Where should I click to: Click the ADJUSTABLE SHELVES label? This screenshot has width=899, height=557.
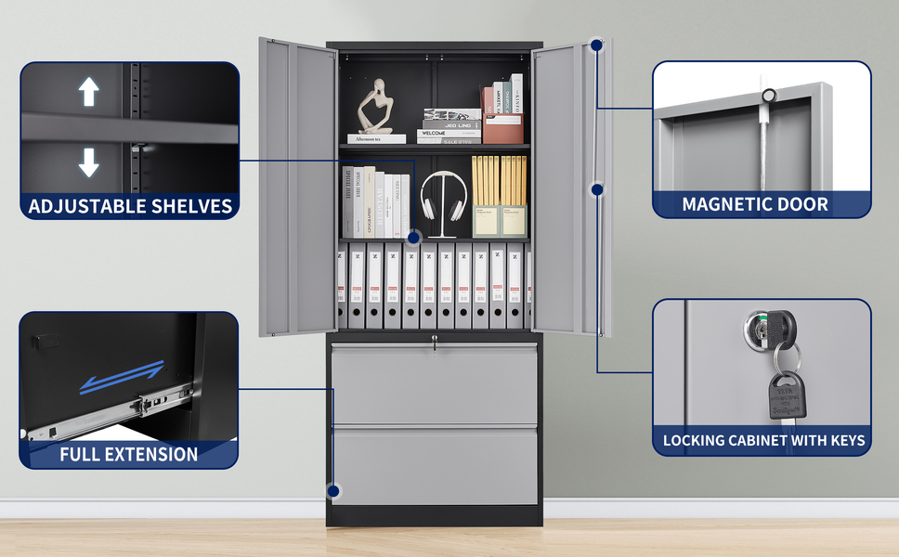click(130, 205)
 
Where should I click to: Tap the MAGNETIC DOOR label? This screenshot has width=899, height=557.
click(755, 204)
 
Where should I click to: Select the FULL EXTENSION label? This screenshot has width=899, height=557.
click(129, 455)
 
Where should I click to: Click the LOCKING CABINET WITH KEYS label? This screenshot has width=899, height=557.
click(763, 440)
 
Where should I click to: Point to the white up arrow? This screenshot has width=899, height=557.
click(88, 92)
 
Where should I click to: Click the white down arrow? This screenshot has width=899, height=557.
click(88, 162)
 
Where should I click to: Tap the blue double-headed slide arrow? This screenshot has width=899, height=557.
click(122, 377)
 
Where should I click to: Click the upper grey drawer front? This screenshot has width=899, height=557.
click(435, 384)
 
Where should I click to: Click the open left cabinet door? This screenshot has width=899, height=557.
click(296, 186)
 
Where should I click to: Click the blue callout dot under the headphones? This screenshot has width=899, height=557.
click(414, 238)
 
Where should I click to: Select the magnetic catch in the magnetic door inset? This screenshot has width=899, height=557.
click(768, 96)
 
